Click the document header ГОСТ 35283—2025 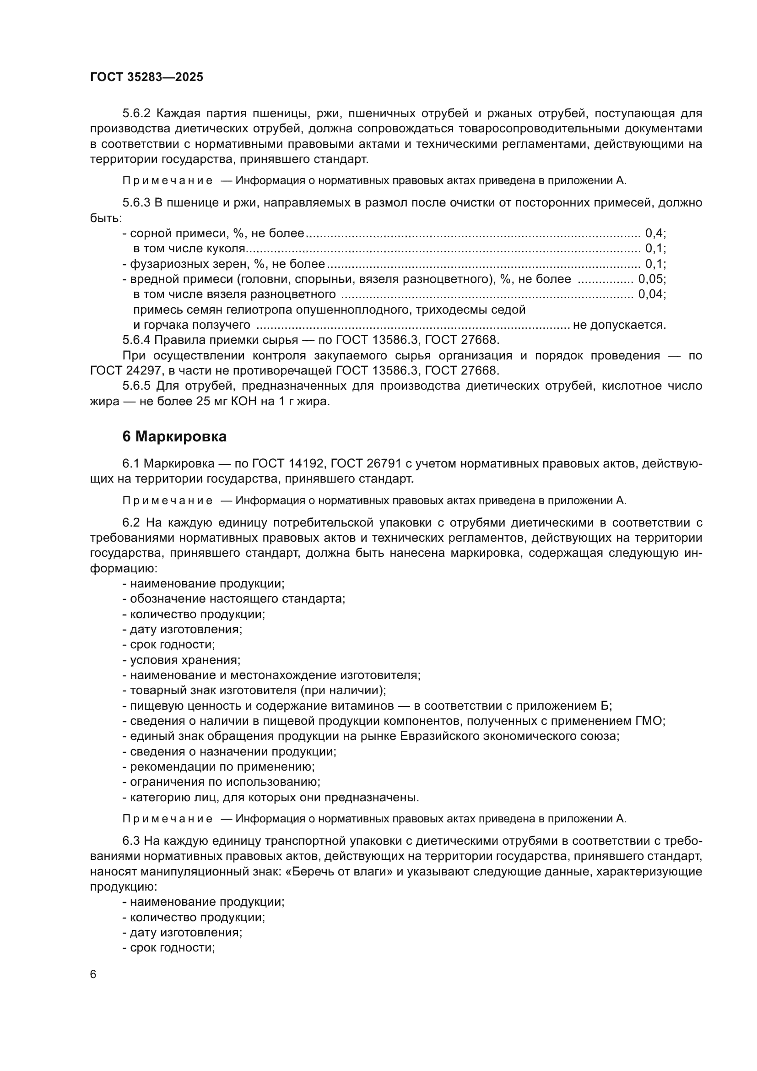pos(146,77)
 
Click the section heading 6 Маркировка pos(174,436)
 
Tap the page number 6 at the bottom pos(93,974)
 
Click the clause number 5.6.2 pos(136,114)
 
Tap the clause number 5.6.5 pos(136,386)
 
